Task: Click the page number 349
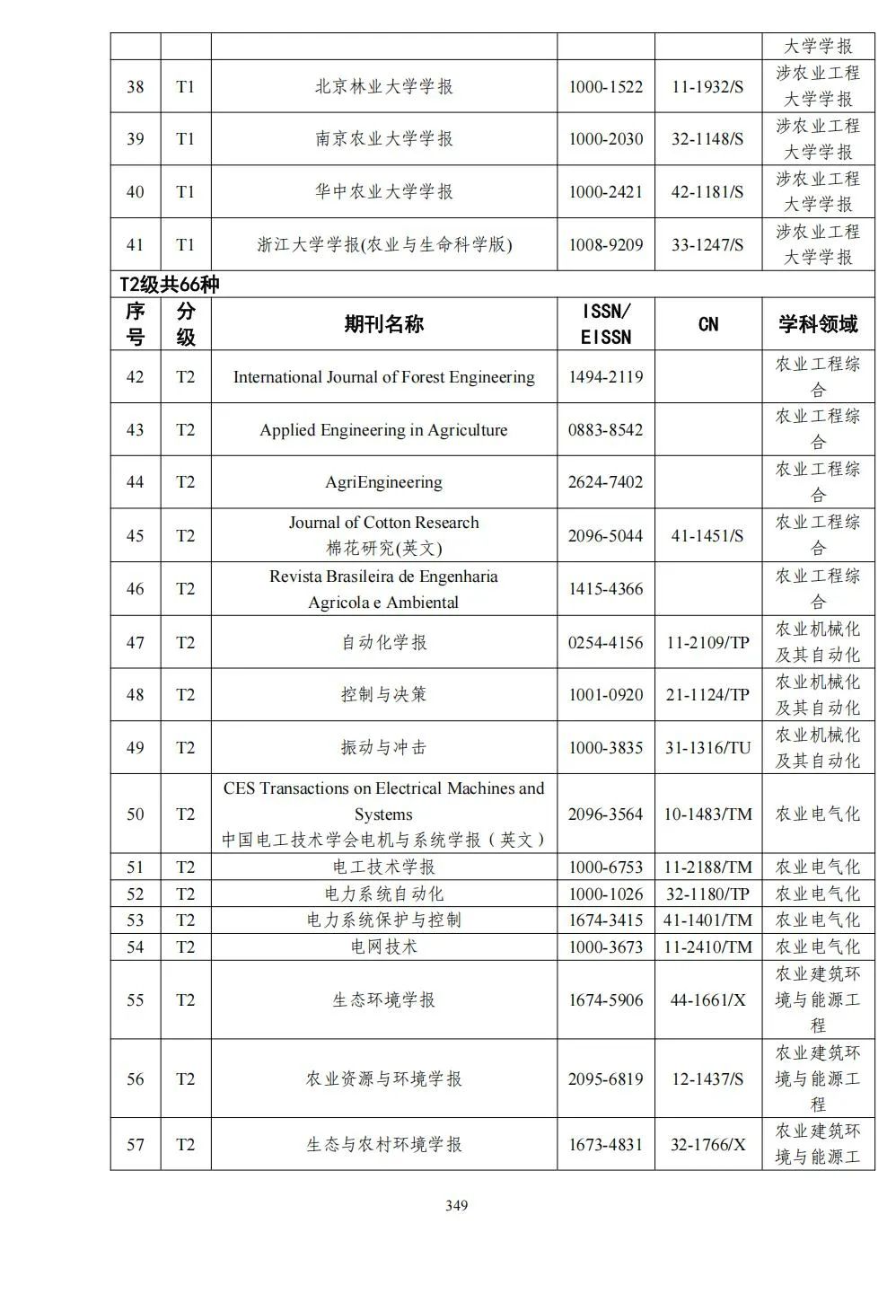coord(456,1205)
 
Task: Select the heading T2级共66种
coord(170,285)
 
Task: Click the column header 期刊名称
coord(383,324)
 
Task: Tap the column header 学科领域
coord(818,324)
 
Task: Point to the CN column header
coord(707,324)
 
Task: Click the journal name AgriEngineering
coord(383,482)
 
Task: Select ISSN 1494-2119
coord(605,377)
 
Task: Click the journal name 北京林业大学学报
coord(383,86)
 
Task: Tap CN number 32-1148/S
coord(707,138)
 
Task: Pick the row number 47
coord(135,642)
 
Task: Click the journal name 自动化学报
coord(383,642)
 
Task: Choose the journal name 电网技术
coord(383,946)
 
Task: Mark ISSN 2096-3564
coord(605,814)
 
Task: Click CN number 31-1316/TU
coord(707,747)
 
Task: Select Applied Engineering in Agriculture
coord(383,429)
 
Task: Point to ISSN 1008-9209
coord(605,244)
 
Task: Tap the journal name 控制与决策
coord(383,694)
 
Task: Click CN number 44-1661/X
coord(707,999)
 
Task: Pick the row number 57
coord(135,1144)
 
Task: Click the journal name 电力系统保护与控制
coord(383,920)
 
